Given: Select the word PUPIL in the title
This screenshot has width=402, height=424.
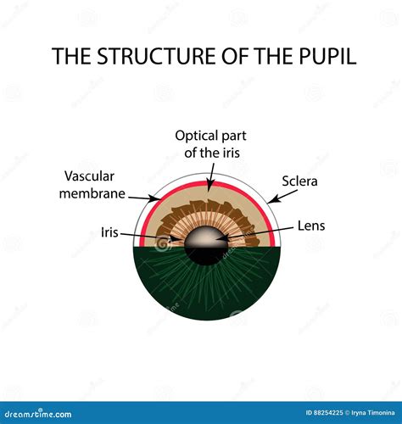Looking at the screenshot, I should click(326, 57).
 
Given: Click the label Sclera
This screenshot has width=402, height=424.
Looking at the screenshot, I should click(299, 181).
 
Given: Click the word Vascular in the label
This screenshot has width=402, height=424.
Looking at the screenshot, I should click(91, 176).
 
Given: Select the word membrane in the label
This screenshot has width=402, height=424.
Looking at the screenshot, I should click(94, 193).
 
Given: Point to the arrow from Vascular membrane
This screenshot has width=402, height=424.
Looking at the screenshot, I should click(143, 197).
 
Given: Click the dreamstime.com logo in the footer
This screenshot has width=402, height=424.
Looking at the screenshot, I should click(39, 413).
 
